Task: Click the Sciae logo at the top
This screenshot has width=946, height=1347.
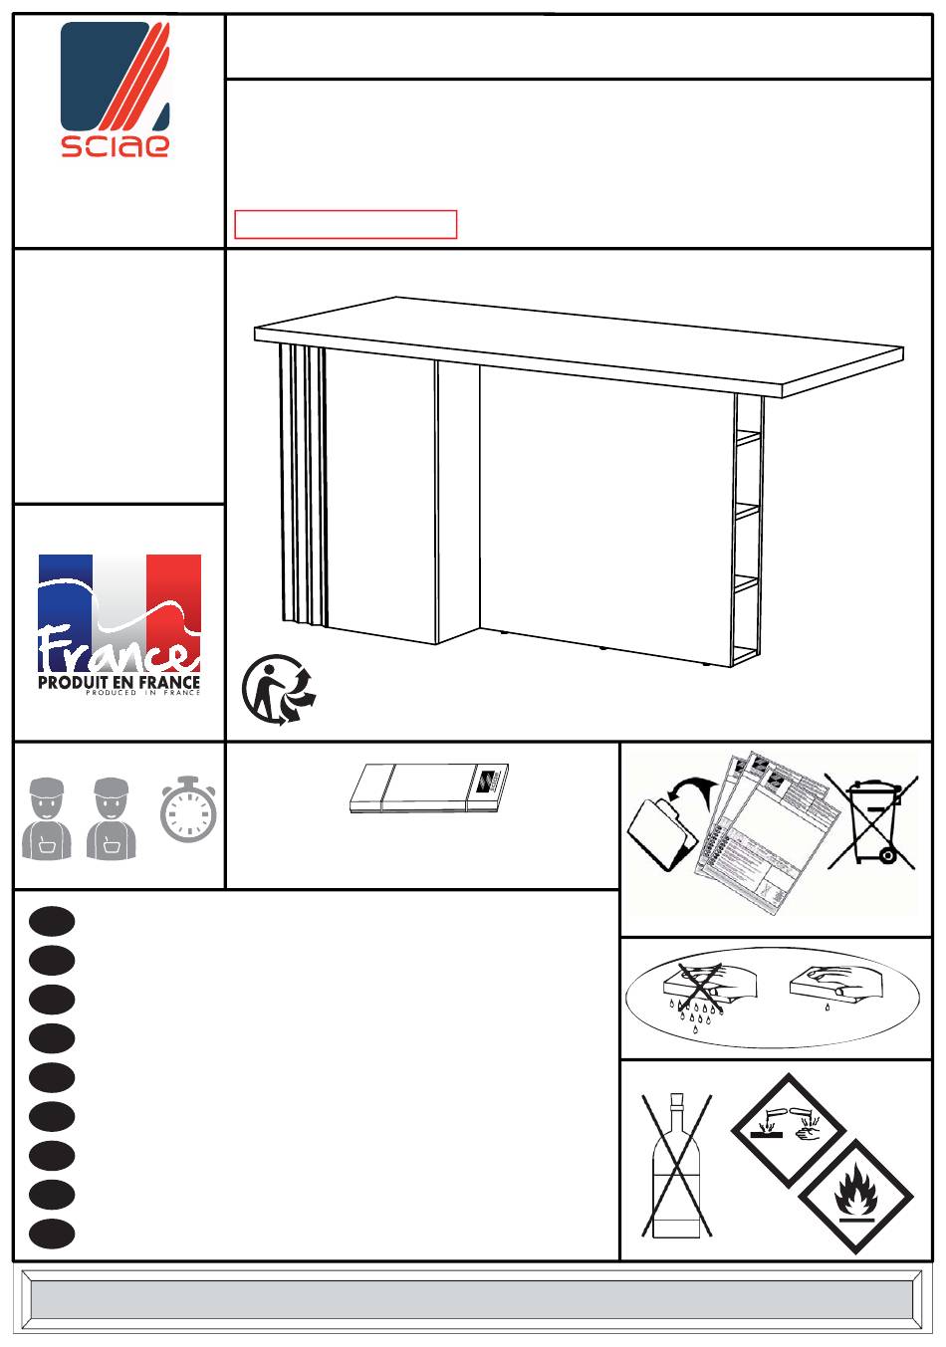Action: [115, 91]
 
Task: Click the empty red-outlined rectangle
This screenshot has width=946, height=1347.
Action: [346, 224]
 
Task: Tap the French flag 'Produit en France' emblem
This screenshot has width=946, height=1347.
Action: [119, 625]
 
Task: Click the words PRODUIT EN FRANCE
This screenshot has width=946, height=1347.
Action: [119, 683]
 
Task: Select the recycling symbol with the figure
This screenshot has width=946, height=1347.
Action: [279, 690]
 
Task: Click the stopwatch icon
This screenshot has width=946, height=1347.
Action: [187, 808]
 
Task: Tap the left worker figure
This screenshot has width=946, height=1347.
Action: [47, 818]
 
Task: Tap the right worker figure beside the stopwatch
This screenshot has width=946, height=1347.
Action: [112, 818]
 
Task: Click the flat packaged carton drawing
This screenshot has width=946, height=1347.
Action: [429, 788]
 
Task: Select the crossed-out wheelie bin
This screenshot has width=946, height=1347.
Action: [872, 822]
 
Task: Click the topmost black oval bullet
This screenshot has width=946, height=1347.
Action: [53, 921]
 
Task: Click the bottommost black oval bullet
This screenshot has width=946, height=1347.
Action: [53, 1234]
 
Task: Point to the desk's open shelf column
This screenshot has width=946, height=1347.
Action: [748, 531]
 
